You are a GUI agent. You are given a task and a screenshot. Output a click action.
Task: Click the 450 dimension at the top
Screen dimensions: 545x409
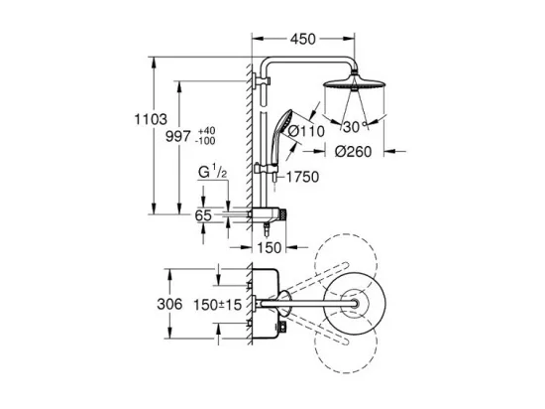point(303,39)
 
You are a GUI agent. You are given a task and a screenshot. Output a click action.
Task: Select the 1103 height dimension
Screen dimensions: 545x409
point(151,119)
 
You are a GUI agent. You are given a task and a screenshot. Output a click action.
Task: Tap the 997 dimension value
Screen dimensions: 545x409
point(178,136)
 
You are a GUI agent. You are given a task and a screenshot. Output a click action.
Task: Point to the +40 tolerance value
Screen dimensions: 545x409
point(206,131)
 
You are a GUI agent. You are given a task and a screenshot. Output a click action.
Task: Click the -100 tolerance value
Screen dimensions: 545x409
point(205,141)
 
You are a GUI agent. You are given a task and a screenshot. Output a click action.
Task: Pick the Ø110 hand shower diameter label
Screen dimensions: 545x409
point(307,131)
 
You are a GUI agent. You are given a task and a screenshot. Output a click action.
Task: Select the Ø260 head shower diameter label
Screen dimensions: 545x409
point(353,152)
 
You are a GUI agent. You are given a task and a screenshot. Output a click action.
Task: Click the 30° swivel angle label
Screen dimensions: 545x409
point(355,127)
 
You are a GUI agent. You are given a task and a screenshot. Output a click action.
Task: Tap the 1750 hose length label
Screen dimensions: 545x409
point(303,177)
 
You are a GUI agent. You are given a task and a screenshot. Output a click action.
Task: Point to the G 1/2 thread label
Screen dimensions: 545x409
point(213,173)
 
